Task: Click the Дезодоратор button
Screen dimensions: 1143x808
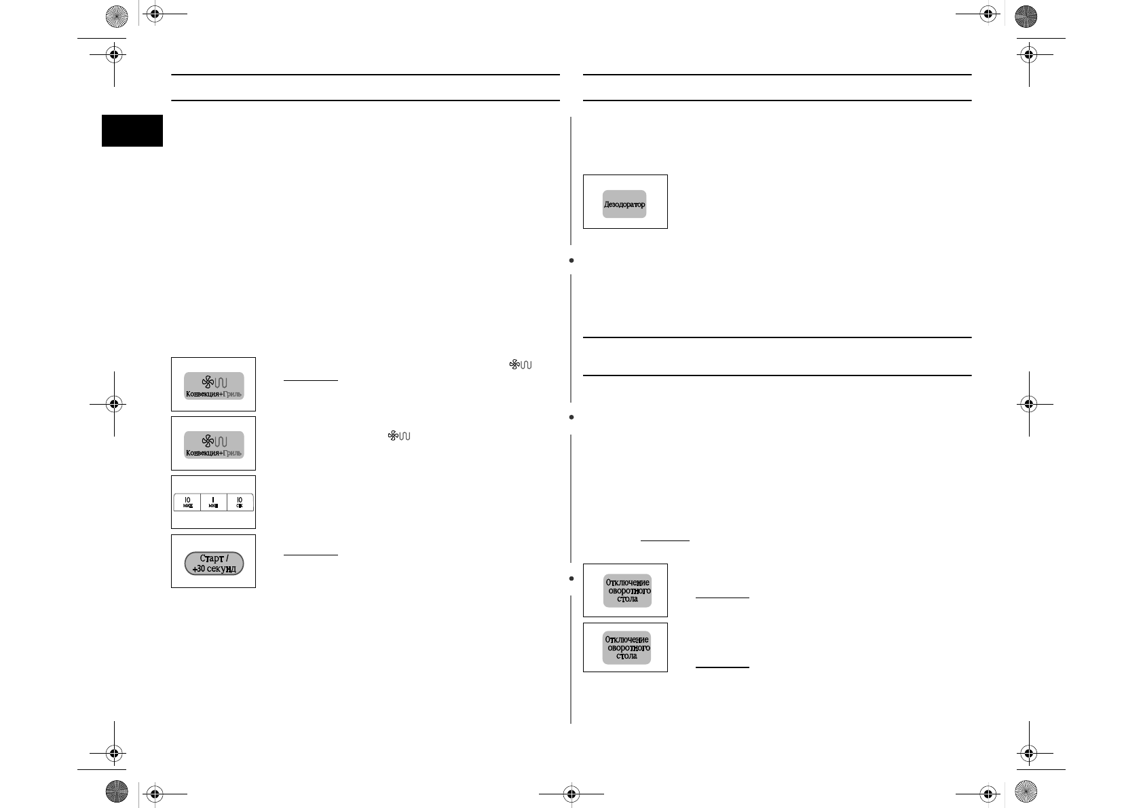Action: pos(624,204)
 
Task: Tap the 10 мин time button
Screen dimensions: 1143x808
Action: pos(187,502)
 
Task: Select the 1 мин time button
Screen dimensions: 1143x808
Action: pos(213,502)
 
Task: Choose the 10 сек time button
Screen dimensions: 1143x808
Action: pos(240,502)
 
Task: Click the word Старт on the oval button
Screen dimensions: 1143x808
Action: pos(214,559)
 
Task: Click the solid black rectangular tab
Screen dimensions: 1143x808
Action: pos(132,130)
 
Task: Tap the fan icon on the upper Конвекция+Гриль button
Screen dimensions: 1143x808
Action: pos(208,383)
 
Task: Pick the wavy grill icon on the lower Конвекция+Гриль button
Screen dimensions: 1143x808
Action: pos(221,442)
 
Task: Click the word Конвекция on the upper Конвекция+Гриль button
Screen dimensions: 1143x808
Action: pos(202,394)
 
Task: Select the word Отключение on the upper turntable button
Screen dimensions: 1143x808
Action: pos(627,582)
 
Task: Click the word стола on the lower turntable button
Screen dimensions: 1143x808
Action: pos(627,656)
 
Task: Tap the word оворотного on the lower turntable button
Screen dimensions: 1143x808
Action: pos(629,648)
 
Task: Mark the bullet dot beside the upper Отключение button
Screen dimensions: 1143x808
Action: pos(572,579)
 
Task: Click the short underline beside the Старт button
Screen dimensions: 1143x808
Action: pos(310,555)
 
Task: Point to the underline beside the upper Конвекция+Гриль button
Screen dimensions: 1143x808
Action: pos(310,381)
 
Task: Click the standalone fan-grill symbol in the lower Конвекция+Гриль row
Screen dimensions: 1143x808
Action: pos(399,435)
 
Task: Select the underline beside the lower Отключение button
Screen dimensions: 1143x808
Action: pos(722,667)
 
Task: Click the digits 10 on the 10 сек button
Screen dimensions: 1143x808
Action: pos(240,500)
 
